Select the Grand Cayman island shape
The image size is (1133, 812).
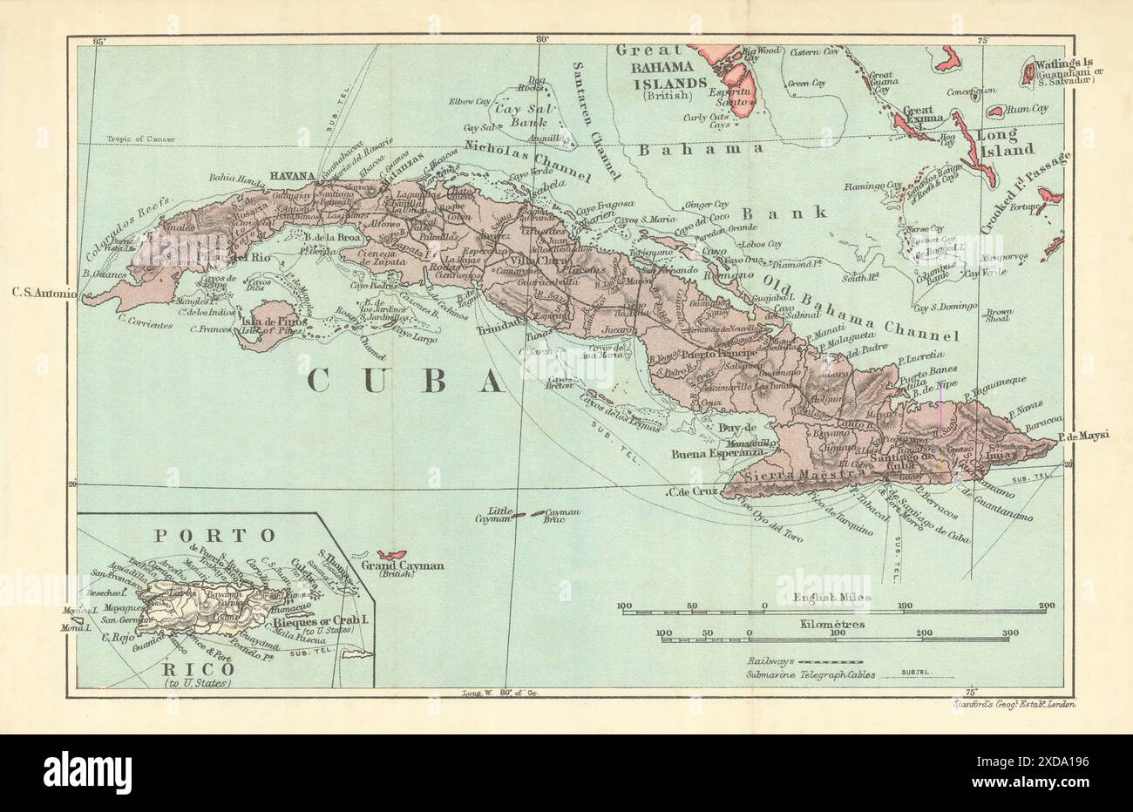coord(393,555)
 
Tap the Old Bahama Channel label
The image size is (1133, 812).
coord(860,306)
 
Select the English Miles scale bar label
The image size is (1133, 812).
coord(832,597)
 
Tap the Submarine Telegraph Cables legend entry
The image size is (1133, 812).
coord(820,674)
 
